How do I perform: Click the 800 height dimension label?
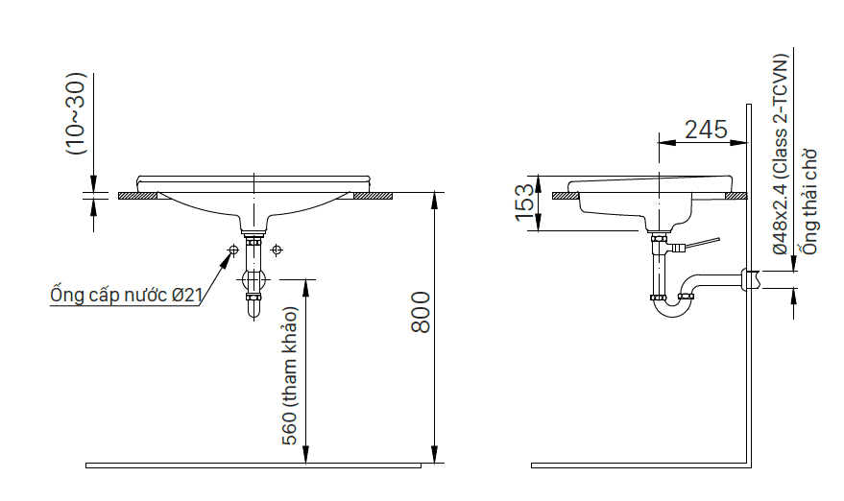coord(421,312)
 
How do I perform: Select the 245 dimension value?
coord(706,130)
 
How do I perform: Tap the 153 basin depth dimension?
coord(525,203)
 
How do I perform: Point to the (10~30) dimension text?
coord(76,113)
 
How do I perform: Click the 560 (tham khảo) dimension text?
coord(290,376)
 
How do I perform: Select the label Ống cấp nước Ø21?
coord(127,295)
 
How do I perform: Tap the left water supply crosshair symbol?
coord(233,250)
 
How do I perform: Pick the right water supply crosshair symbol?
coord(277,250)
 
